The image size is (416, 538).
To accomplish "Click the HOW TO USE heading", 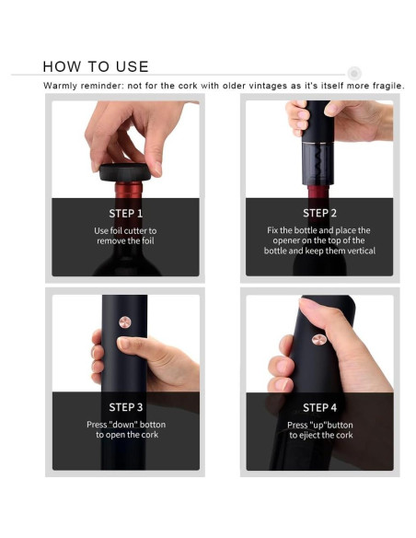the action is (x=96, y=66).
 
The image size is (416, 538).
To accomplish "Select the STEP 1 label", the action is (x=125, y=214).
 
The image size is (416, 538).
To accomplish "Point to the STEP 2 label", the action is (x=319, y=213).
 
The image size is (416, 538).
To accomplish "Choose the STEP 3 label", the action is (x=126, y=407).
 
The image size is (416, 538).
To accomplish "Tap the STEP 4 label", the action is (x=319, y=407).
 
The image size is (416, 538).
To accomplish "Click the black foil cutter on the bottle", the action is (x=125, y=172).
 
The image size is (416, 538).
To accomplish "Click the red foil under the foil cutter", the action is (x=129, y=190).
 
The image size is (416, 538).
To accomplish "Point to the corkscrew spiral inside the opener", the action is (x=318, y=162).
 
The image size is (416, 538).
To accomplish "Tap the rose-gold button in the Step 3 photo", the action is (x=125, y=322).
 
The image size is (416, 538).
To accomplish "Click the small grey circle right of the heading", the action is (x=354, y=73).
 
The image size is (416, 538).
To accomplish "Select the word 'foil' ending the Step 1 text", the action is (x=148, y=240).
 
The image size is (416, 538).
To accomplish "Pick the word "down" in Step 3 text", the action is (x=125, y=425).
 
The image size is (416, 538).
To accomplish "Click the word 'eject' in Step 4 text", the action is (x=308, y=436).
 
